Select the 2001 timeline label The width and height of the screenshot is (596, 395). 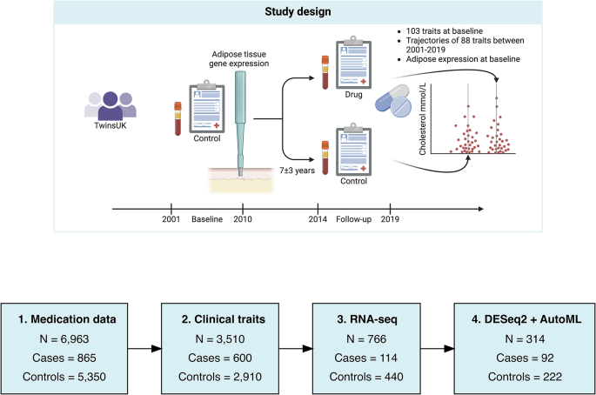(171, 219)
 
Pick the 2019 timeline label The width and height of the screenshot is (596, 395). (392, 219)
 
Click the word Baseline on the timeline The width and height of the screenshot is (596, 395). (207, 219)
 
